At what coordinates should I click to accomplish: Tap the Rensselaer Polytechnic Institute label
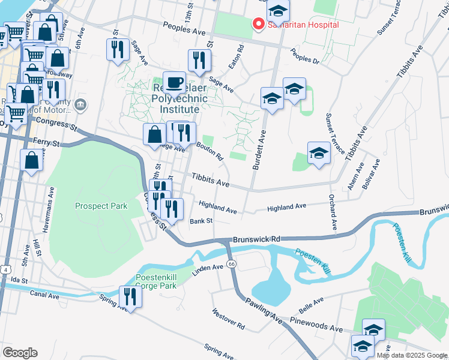[167, 98]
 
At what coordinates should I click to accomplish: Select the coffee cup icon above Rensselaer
[174, 82]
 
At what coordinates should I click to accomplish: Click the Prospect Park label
[101, 206]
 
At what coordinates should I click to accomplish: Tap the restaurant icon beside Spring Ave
[128, 296]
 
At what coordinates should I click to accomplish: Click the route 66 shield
[232, 264]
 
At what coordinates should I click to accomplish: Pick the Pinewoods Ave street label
[319, 329]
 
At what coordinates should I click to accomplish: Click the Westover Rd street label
[228, 319]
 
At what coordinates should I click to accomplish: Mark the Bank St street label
[201, 221]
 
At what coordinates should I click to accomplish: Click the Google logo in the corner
[20, 353]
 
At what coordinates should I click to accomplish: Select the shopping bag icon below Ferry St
[31, 161]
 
